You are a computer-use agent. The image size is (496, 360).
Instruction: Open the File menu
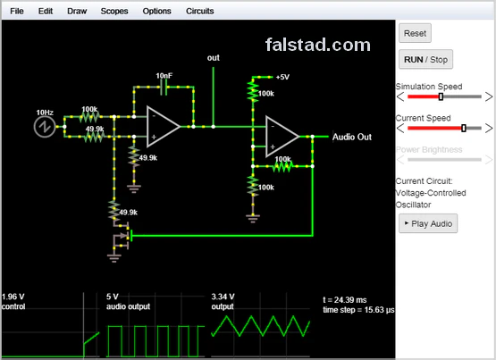coord(17,12)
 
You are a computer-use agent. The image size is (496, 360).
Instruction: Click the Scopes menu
coord(113,12)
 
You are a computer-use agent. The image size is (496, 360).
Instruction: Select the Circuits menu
coord(200,12)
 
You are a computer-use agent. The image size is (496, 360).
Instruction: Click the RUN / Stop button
coord(425,60)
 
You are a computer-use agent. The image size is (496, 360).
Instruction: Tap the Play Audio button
coord(428,222)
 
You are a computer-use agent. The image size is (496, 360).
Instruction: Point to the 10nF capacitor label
coord(164,76)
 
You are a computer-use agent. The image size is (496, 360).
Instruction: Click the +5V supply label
coord(282,77)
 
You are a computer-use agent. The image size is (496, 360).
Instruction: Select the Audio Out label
coord(351,137)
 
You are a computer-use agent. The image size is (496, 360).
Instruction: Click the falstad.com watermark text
coord(317,45)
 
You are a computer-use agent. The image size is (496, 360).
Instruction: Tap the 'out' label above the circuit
coord(214,58)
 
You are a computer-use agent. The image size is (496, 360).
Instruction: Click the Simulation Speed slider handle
coord(441,96)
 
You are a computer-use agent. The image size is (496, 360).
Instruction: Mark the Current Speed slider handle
coord(463,128)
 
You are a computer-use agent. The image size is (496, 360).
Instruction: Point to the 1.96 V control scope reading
coord(13,296)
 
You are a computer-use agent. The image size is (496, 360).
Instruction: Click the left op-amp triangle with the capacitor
coord(164,127)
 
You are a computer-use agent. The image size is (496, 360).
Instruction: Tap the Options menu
coord(156,12)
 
